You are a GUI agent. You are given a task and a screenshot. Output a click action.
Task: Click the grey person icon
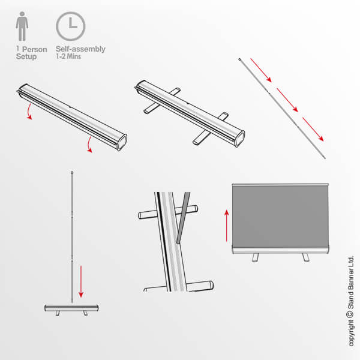(x=22, y=27)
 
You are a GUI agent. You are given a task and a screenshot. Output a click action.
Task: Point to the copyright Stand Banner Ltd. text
(x=351, y=300)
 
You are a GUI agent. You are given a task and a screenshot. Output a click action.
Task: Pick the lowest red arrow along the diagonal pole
(x=314, y=128)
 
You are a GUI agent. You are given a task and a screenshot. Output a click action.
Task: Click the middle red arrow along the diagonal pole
(x=287, y=99)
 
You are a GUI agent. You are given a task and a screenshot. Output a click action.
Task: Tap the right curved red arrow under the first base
(x=89, y=145)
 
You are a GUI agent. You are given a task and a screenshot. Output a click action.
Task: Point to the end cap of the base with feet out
(x=238, y=137)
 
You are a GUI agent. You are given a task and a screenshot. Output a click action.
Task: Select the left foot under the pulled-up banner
(x=255, y=257)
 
